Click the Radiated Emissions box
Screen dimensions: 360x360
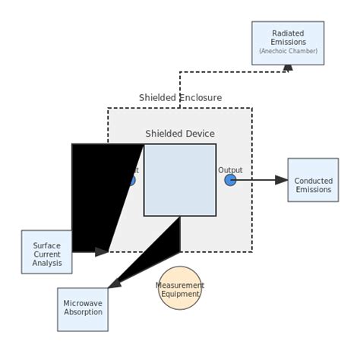(287, 43)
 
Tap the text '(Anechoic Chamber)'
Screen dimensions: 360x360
(287, 52)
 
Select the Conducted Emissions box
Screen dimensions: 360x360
(313, 180)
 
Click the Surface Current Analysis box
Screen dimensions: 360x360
(46, 252)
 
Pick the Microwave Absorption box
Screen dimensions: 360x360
(83, 309)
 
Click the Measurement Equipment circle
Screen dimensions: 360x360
(180, 289)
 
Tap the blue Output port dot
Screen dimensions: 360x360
(230, 180)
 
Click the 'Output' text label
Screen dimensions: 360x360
(230, 170)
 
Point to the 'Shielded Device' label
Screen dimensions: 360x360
(180, 134)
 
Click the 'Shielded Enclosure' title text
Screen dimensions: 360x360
(180, 98)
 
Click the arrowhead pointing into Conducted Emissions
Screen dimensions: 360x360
(282, 180)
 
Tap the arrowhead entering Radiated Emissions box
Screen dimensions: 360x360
(287, 68)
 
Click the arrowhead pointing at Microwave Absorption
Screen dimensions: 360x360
(114, 283)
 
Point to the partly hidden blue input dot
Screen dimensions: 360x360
(131, 181)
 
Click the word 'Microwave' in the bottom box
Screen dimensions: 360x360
(83, 303)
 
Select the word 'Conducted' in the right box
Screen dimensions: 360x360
(313, 181)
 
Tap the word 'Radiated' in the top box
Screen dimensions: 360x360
(287, 33)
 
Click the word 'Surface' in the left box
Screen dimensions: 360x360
(46, 245)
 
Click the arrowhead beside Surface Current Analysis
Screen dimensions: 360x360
(102, 251)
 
